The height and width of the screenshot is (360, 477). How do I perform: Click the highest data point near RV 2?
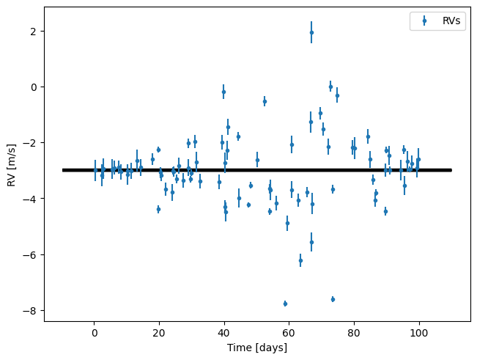[311, 32]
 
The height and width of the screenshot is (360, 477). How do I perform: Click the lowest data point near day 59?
[285, 304]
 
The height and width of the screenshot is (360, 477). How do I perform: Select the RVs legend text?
[452, 21]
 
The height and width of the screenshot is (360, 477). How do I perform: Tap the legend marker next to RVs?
[424, 21]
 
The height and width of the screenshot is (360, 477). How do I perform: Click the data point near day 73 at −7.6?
[333, 299]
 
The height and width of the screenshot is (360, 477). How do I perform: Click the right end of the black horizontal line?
[451, 170]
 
